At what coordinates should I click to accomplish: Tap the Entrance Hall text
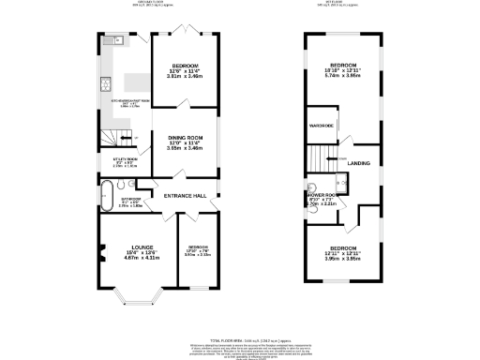[x=185, y=195]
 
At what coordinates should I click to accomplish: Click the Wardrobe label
[x=322, y=125]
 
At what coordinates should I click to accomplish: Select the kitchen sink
[x=116, y=41]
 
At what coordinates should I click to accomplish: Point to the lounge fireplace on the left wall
[x=97, y=251]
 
